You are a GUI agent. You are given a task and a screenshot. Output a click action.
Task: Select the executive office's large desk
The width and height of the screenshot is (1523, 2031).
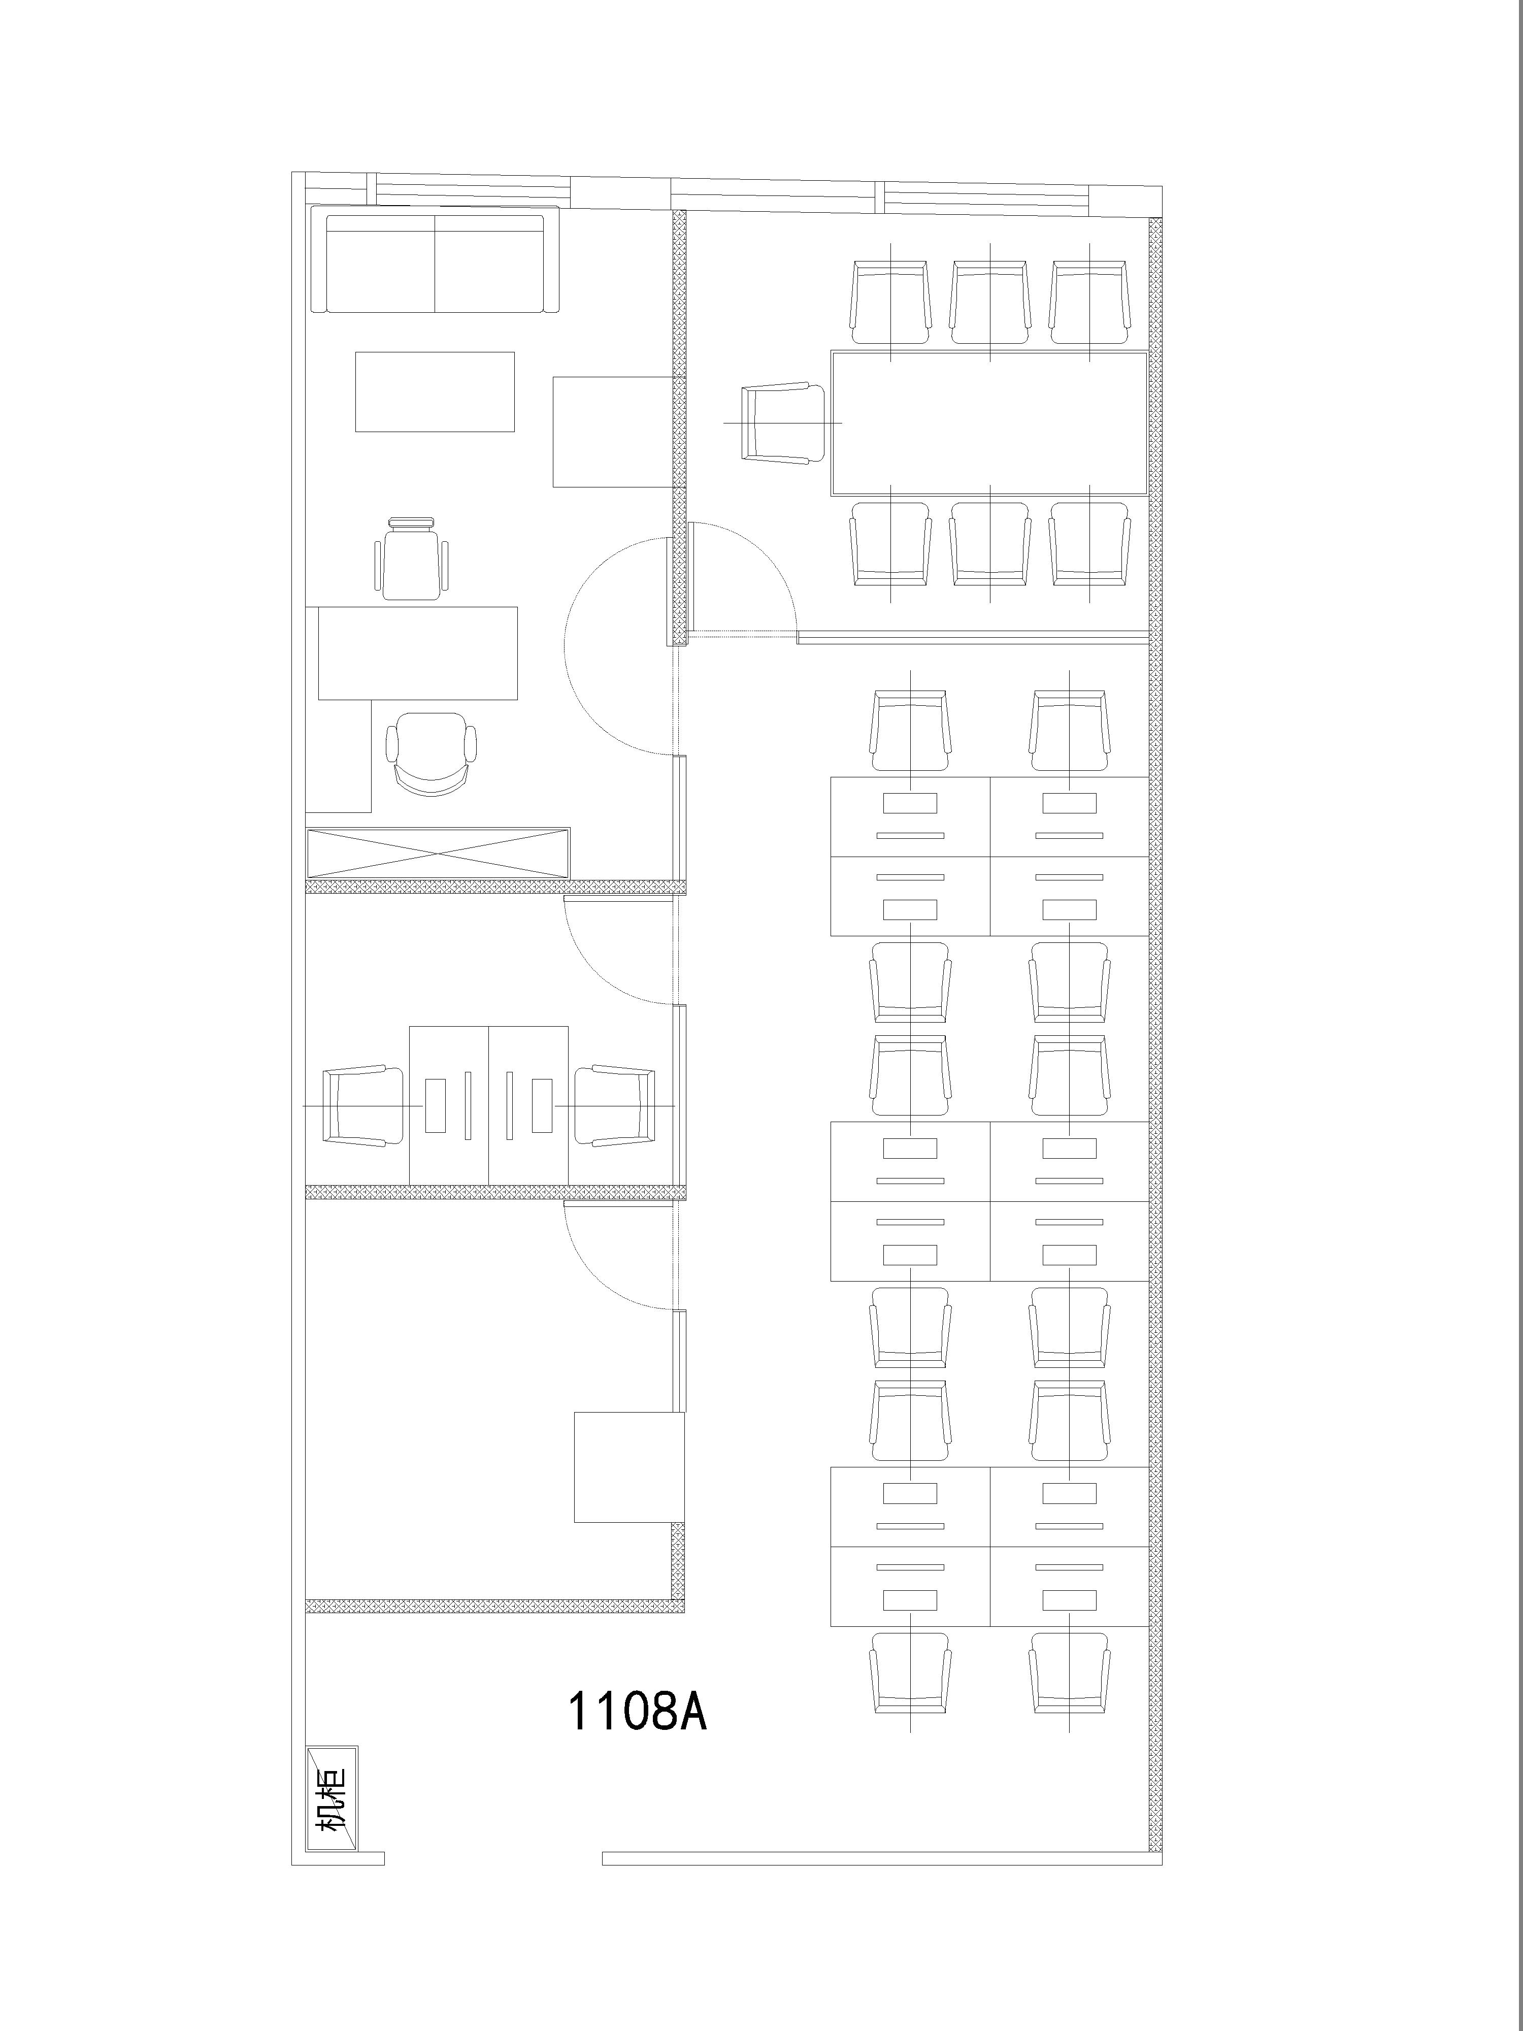pyautogui.click(x=418, y=653)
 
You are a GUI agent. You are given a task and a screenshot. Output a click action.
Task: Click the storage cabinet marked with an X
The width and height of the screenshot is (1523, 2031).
pyautogui.click(x=438, y=853)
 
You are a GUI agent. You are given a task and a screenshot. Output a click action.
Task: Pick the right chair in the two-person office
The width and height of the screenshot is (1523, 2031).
pyautogui.click(x=615, y=1105)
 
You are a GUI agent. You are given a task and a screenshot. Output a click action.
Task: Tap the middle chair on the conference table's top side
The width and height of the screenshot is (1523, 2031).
pyautogui.click(x=989, y=302)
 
